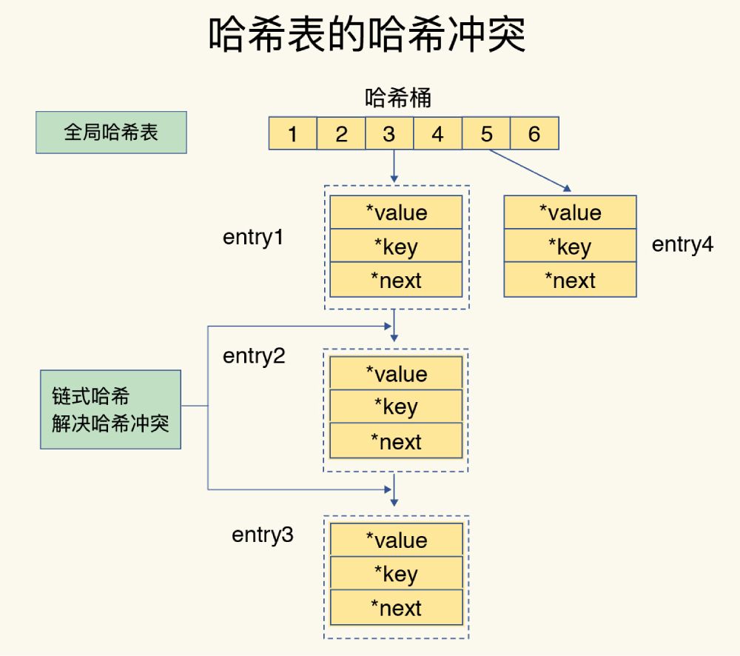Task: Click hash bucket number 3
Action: pos(389,134)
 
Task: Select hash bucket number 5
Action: pos(486,134)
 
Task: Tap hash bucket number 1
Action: pos(292,134)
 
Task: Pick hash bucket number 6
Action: pos(534,134)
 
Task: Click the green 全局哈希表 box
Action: pos(111,133)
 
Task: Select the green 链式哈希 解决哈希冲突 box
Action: pos(110,409)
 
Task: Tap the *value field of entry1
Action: pos(396,212)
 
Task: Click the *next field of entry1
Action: pos(396,281)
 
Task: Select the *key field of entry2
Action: pos(396,407)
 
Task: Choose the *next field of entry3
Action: pos(396,609)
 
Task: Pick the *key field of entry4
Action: pos(570,247)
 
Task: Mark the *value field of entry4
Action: pos(570,212)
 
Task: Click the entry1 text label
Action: pos(254,238)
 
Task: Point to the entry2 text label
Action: pos(254,356)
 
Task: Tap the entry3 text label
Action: pos(263,535)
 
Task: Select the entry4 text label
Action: pos(682,245)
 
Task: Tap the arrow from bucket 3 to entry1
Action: pos(394,166)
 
